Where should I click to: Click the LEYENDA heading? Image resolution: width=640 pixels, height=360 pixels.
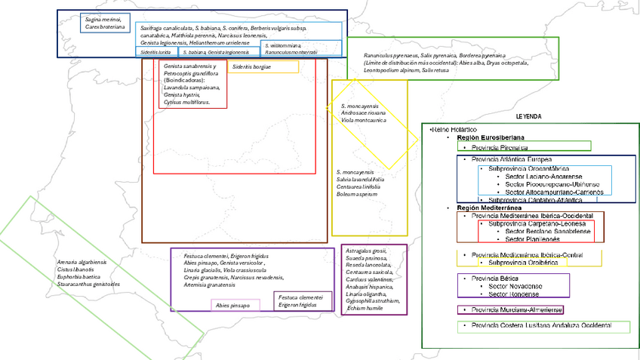[528, 118]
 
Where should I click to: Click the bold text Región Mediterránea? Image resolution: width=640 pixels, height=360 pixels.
[488, 208]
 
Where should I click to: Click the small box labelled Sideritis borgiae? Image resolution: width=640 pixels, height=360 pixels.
[252, 67]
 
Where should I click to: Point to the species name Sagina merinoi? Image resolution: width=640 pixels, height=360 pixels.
[103, 19]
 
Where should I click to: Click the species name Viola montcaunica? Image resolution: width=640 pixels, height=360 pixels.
[363, 120]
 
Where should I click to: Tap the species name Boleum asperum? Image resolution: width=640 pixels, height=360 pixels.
[356, 195]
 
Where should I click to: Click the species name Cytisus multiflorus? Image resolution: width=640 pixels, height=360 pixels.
[186, 101]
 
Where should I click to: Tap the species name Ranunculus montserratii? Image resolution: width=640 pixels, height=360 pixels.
[291, 52]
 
